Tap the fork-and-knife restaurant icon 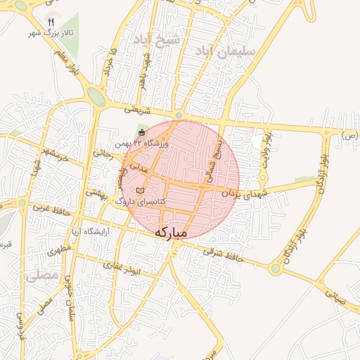(51, 21)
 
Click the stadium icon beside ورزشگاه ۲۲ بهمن (142, 131)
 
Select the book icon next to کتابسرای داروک (140, 191)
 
